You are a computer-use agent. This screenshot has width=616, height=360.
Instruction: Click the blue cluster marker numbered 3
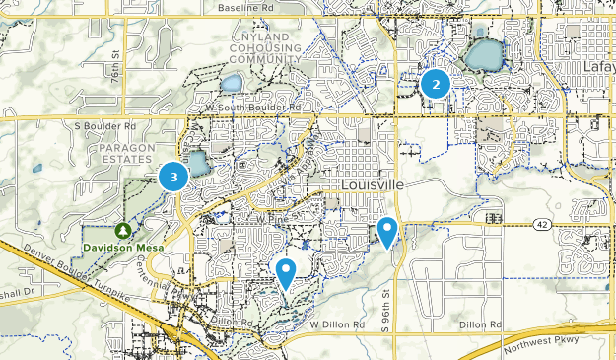(173, 177)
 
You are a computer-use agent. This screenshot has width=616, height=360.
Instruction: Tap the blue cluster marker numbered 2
(436, 84)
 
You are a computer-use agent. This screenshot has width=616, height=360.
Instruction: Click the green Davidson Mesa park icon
(122, 230)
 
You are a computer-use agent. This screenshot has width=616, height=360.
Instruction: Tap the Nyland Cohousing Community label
(265, 48)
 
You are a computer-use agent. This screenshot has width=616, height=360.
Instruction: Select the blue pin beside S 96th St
(388, 232)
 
